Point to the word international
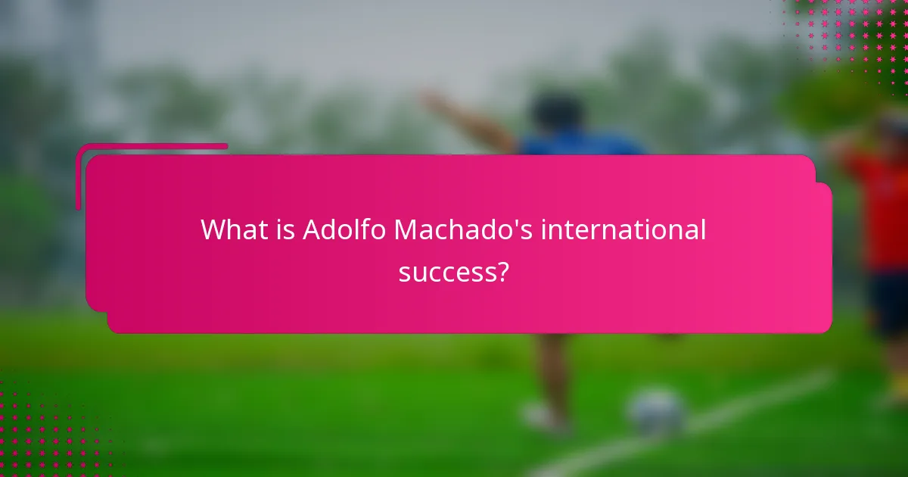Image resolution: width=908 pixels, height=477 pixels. (x=623, y=229)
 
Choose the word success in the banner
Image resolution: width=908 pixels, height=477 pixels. (x=446, y=270)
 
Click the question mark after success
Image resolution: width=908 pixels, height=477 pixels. (x=502, y=270)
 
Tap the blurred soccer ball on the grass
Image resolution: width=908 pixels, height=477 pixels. (x=657, y=413)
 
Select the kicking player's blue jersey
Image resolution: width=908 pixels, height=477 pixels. (x=583, y=144)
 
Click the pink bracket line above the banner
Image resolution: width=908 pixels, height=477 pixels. (x=151, y=146)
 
